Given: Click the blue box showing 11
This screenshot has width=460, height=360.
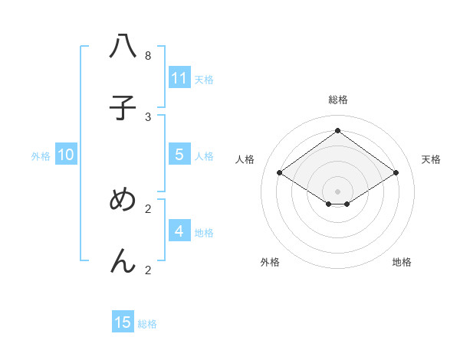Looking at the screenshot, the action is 179,78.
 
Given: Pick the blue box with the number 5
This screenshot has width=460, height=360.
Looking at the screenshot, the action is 179,155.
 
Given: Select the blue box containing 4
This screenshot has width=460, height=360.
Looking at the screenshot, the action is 179,231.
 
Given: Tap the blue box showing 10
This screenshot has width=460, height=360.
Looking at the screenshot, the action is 66,155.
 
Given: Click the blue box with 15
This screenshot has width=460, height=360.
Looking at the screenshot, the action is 123,322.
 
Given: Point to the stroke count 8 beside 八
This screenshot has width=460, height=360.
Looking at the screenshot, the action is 148,55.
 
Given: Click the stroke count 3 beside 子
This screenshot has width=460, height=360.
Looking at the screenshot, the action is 148,116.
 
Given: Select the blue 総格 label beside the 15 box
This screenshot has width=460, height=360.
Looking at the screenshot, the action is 147,324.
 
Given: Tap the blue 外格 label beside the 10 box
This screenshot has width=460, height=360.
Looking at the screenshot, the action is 41,156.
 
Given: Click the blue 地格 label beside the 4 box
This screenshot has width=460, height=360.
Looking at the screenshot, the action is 204,233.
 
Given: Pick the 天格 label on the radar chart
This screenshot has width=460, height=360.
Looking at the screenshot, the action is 432,159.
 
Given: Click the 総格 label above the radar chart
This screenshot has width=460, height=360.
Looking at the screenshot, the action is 338,100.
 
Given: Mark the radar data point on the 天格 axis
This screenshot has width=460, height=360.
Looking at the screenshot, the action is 396,173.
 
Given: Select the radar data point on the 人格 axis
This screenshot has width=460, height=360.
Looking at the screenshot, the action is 280,173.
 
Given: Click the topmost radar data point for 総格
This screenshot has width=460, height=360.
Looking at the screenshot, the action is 338,130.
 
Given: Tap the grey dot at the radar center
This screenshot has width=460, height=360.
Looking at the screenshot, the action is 338,191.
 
